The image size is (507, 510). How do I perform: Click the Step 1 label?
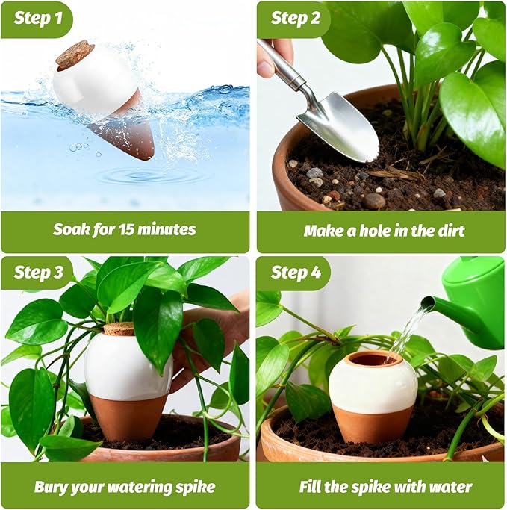point(37,19)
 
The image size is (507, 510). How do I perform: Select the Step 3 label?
point(38,273)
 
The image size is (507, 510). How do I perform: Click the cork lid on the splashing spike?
point(75,55)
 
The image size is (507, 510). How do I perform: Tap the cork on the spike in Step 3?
point(119,329)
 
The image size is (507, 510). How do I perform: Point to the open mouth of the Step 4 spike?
point(373,359)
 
